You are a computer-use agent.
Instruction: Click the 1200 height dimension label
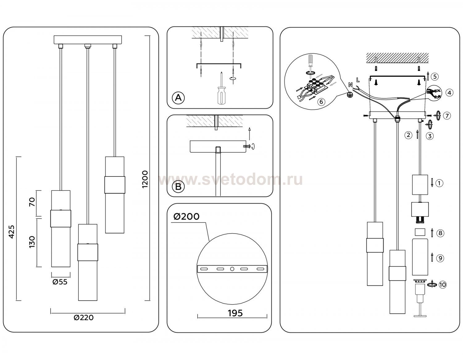pyautogui.click(x=145, y=179)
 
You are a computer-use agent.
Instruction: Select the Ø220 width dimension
pyautogui.click(x=84, y=317)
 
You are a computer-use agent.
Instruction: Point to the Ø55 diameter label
pyautogui.click(x=60, y=282)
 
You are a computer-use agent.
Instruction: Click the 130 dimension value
pyautogui.click(x=32, y=242)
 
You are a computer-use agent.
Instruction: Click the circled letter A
pyautogui.click(x=178, y=98)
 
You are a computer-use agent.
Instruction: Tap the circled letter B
pyautogui.click(x=178, y=187)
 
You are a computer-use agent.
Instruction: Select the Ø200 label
pyautogui.click(x=186, y=217)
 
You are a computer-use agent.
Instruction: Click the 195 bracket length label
pyautogui.click(x=235, y=313)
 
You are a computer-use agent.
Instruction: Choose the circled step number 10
pyautogui.click(x=443, y=284)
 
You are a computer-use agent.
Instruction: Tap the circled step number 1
pyautogui.click(x=440, y=183)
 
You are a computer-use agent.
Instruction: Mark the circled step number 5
pyautogui.click(x=435, y=76)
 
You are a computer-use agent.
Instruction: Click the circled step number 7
pyautogui.click(x=447, y=116)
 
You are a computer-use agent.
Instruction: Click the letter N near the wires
pyautogui.click(x=350, y=84)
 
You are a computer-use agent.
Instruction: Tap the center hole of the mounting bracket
pyautogui.click(x=232, y=269)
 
